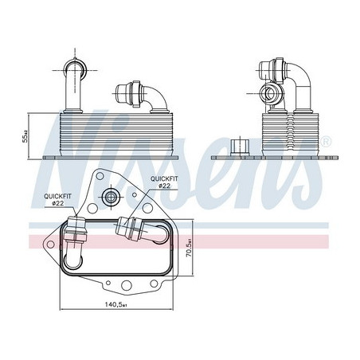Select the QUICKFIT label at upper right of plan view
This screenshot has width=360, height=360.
pyautogui.click(x=165, y=178)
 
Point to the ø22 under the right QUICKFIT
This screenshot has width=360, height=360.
pyautogui.click(x=165, y=186)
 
